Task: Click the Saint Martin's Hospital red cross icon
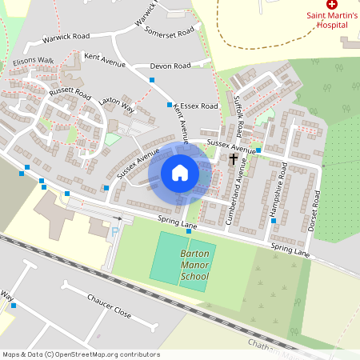click(x=332, y=5)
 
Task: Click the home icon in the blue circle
click(x=180, y=173)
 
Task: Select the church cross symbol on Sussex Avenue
click(x=234, y=159)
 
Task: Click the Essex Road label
click(x=199, y=106)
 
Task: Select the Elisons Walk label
click(x=34, y=60)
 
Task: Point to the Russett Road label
click(x=70, y=93)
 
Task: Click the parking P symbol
click(x=114, y=232)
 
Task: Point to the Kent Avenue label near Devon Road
click(x=102, y=58)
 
